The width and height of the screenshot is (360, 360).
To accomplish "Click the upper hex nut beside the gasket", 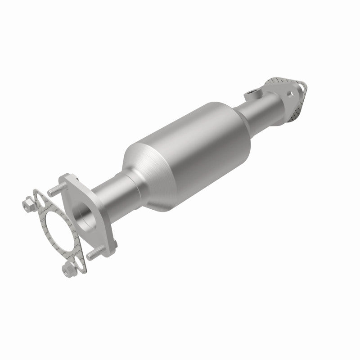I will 28,205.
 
